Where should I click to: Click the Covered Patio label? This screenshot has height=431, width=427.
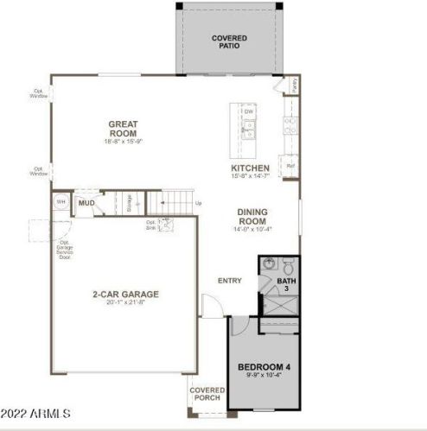click(x=229, y=41)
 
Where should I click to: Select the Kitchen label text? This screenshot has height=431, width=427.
click(x=250, y=171)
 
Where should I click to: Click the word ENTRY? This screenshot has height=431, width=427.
click(x=230, y=280)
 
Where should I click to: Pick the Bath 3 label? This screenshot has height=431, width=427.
click(x=285, y=284)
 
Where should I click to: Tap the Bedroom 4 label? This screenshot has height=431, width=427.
click(x=264, y=372)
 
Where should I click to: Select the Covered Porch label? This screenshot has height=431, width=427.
click(x=207, y=394)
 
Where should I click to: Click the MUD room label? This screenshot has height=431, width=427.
click(x=86, y=204)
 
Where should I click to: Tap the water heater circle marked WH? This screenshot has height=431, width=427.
click(x=61, y=202)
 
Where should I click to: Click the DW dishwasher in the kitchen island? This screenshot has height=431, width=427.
click(x=248, y=112)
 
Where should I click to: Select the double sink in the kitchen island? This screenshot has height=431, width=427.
click(x=248, y=130)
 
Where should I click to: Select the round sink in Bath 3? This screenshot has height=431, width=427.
click(x=269, y=263)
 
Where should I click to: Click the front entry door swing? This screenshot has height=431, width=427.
click(x=209, y=305)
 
